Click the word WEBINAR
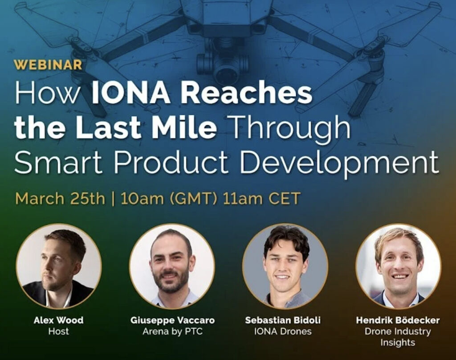click(49, 65)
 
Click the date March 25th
click(60, 199)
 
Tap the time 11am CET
click(261, 199)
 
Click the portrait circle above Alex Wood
click(59, 266)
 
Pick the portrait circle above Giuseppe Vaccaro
click(172, 266)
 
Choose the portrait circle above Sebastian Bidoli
click(285, 266)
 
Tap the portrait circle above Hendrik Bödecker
click(399, 266)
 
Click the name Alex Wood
click(58, 320)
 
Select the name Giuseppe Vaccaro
click(172, 321)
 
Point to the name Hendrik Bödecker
click(398, 320)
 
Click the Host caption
click(58, 331)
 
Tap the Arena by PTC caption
click(172, 331)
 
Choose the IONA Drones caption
click(283, 331)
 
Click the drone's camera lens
click(226, 71)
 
